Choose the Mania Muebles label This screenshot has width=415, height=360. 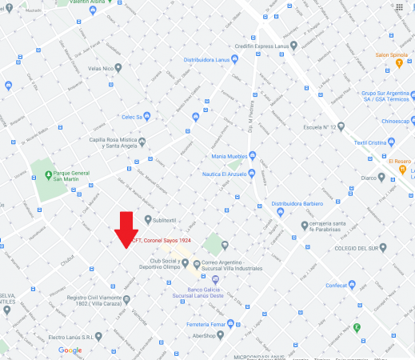229,156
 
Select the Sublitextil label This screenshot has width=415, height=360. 170,218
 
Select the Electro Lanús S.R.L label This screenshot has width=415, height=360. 66,337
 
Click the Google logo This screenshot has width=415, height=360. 70,350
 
